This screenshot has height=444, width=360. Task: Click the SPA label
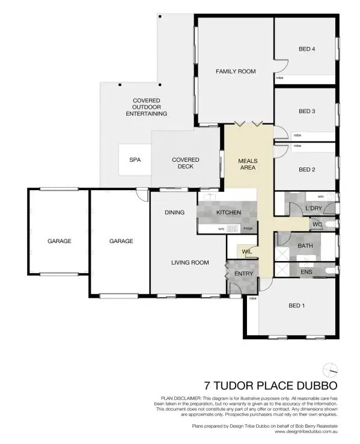pos(134,160)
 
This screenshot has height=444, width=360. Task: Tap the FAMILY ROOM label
pos(236,71)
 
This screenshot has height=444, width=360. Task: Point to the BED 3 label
pos(307,111)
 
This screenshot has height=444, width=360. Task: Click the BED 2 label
pos(307,170)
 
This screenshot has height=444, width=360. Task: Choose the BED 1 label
pos(297,306)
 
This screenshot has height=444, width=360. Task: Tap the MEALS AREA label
pos(248,164)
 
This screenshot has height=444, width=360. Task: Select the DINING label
pos(174,212)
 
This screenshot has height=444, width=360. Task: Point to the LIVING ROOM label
pos(190,262)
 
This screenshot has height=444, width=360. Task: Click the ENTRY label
pos(244,274)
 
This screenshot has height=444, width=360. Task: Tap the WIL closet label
pos(246,251)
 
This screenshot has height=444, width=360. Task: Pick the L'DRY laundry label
pos(314,208)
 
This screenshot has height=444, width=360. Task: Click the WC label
pos(317,225)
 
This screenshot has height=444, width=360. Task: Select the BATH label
pos(305,246)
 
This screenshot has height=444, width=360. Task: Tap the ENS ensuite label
pos(306,271)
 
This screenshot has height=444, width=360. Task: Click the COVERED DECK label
pos(186,163)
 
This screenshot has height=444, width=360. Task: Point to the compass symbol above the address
pos(329,369)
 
